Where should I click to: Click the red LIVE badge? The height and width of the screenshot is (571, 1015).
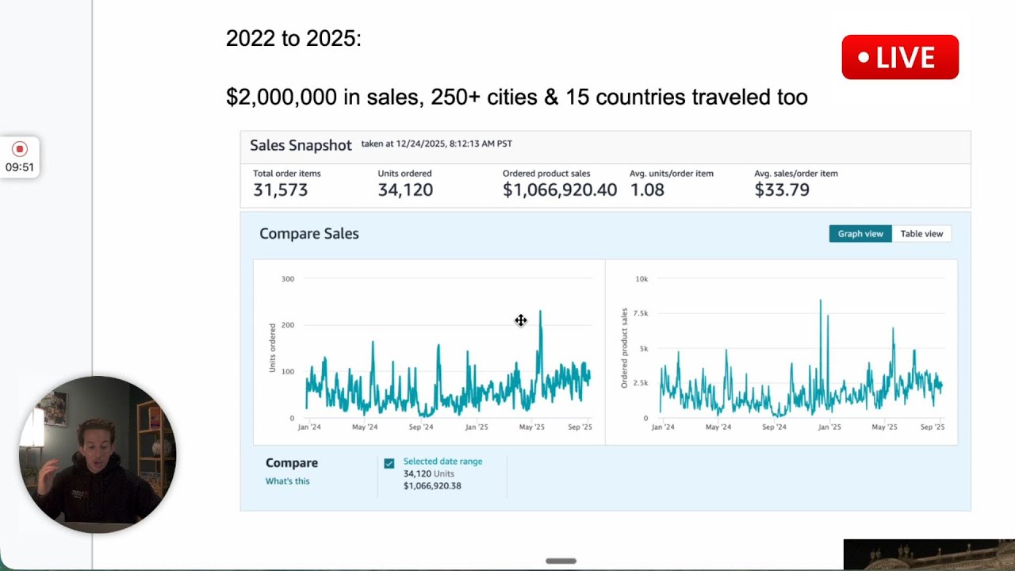coord(900,57)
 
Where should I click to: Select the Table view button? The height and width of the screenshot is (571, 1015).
coord(921,234)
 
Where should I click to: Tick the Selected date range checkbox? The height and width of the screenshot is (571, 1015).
coord(389,463)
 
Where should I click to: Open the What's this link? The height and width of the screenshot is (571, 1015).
coord(287,481)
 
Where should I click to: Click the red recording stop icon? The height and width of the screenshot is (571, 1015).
coord(20,148)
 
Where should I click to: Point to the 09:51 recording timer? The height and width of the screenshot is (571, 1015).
coord(20,167)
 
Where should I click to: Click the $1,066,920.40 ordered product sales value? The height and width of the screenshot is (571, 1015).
coord(560,190)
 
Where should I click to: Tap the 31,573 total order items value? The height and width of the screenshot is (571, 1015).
coord(281,190)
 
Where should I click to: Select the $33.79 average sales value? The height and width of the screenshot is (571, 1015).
coord(782,190)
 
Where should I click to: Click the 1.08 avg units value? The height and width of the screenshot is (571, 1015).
coord(647,190)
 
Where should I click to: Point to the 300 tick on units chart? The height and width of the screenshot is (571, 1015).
coord(288,278)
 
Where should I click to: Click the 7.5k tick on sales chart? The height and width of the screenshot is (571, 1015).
coord(641,313)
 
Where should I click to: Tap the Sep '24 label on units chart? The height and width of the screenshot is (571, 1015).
coord(421,427)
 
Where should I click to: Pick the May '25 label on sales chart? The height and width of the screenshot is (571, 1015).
coord(884,427)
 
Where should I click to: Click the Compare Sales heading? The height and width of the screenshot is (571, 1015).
coord(309,233)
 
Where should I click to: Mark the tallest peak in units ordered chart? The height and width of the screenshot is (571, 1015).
coord(540,311)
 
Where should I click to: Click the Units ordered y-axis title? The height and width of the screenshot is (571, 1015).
coord(272,347)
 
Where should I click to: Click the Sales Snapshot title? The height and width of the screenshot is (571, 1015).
coord(301,145)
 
